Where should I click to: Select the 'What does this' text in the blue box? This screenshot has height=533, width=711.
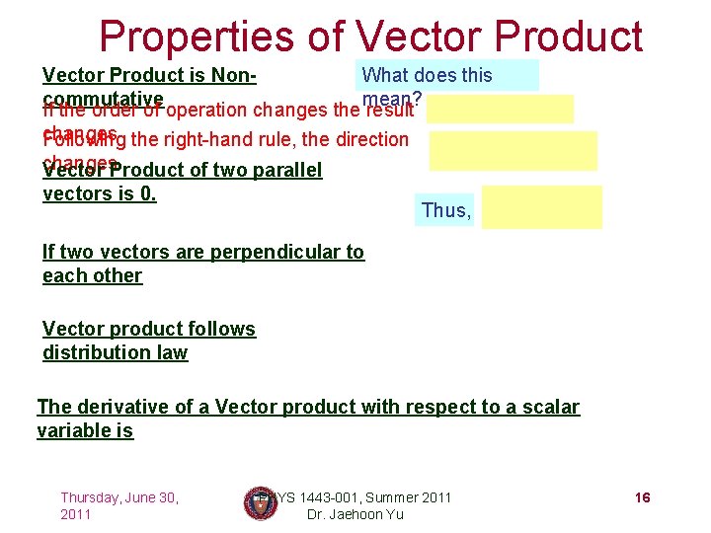427,75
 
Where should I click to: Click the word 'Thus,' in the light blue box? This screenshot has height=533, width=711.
446,210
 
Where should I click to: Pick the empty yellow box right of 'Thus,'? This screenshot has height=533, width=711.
542,209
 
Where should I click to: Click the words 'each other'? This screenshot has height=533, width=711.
92,275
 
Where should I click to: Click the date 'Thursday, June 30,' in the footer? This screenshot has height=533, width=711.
119,497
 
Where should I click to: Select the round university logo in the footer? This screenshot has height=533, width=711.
260,503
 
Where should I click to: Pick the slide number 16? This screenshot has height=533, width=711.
642,497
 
